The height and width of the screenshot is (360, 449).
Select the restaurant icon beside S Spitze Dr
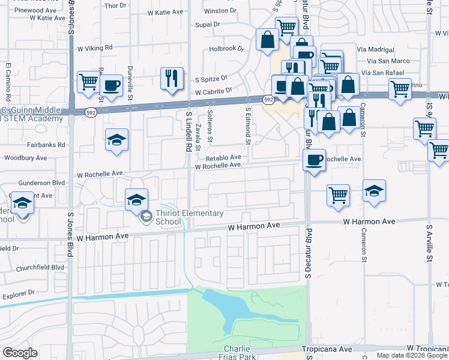click(x=172, y=78)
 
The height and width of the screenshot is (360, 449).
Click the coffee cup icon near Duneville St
click(x=112, y=85)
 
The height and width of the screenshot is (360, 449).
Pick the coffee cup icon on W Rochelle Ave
click(x=314, y=160)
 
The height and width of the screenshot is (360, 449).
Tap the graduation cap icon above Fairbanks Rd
click(x=116, y=140)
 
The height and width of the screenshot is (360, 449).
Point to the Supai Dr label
click(x=208, y=26)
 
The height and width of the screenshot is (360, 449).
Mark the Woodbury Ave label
click(x=25, y=158)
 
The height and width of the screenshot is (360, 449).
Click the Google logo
click(x=20, y=352)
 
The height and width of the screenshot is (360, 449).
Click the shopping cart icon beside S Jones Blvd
click(x=88, y=80)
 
